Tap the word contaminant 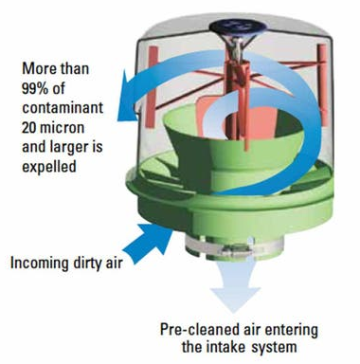click(63, 108)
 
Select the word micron click(63, 128)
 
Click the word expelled click(49, 166)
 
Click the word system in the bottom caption click(274, 348)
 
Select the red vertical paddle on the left click(153, 87)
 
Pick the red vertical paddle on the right click(322, 84)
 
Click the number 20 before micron click(29, 128)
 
